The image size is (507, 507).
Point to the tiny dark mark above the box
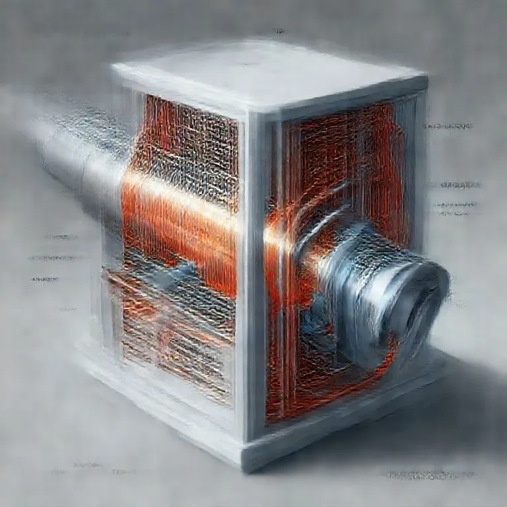(280, 31)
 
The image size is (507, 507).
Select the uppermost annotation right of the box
(449, 125)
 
